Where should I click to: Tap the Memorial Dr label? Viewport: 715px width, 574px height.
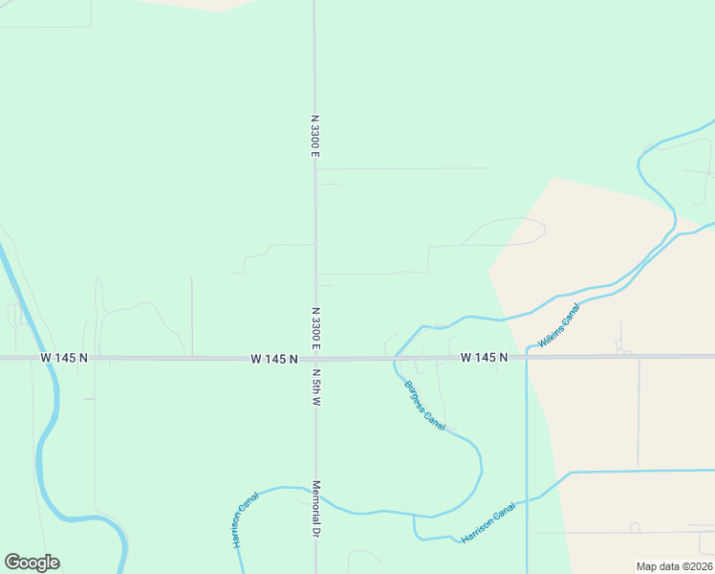315,509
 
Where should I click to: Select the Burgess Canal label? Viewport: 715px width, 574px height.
425,404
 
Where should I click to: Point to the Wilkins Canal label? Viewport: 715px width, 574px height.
559,326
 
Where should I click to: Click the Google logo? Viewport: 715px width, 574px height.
32,563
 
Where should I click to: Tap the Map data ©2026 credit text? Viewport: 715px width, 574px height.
674,566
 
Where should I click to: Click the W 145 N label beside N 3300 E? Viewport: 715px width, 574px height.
274,359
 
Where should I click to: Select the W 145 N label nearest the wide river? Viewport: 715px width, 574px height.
64,358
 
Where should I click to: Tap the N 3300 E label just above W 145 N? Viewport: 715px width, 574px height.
315,327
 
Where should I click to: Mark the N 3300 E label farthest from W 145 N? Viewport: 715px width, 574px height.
315,137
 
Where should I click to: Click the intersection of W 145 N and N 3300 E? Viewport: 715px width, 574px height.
315,359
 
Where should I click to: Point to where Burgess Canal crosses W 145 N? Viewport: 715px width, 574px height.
394,359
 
